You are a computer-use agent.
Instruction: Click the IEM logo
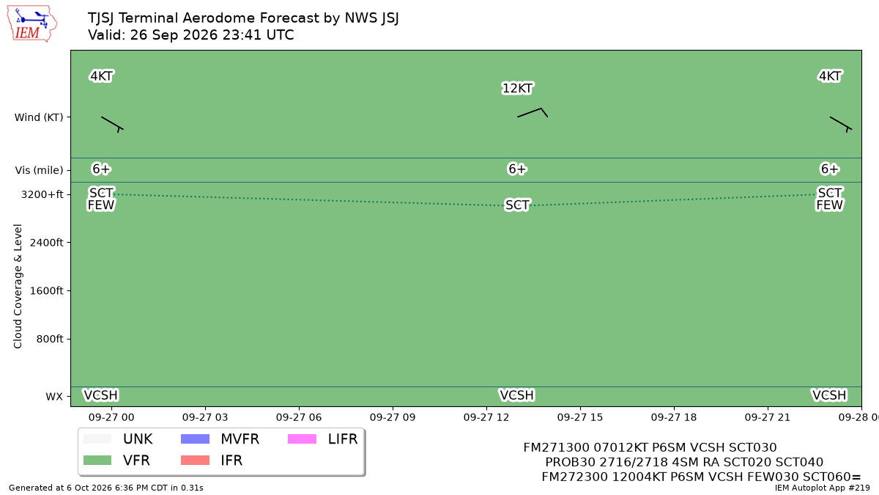coord(31,24)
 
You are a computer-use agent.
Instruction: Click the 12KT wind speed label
coord(517,89)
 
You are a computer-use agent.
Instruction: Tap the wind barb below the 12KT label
coord(533,112)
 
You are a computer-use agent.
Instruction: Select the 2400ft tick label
coord(46,243)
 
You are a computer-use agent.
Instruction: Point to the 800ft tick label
coord(50,339)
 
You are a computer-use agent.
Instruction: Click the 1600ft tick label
coord(46,290)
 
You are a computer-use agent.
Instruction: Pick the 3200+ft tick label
coord(42,195)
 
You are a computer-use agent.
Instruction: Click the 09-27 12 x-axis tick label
coord(486,417)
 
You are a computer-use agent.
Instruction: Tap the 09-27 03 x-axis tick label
coord(205,417)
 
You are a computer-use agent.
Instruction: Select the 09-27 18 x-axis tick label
coord(674,417)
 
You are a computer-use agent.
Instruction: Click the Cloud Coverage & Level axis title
coord(18,286)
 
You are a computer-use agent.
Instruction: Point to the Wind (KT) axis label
coord(39,117)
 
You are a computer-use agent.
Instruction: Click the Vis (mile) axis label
coord(40,170)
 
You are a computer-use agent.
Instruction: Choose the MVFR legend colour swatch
coord(195,439)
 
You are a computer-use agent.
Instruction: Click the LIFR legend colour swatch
coord(302,439)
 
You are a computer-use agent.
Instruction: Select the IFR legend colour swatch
coord(195,460)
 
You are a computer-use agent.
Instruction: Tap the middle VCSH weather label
coord(517,395)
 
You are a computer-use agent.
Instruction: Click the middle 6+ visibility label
coord(517,169)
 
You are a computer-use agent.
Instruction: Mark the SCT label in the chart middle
coord(517,205)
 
